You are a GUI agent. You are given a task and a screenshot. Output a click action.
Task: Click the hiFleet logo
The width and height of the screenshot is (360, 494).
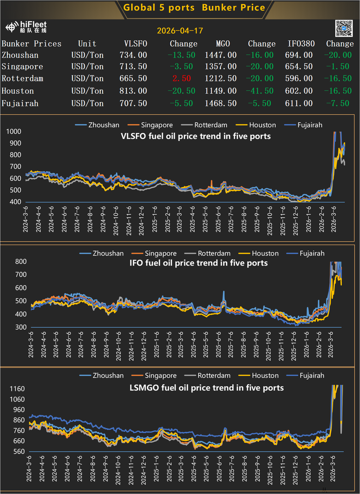(26, 27)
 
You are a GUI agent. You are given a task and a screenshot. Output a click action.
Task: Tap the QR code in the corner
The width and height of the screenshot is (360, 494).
(344, 28)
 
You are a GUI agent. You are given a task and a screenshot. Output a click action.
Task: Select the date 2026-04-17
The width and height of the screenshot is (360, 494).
(180, 31)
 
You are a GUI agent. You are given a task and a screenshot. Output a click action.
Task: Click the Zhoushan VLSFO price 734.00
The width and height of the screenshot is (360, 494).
(133, 55)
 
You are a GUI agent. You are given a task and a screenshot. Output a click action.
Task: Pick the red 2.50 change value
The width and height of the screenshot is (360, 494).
(182, 78)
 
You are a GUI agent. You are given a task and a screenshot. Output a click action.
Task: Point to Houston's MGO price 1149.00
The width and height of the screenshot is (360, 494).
(221, 91)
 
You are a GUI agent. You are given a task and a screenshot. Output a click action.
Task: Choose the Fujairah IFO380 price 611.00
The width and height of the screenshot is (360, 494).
(299, 103)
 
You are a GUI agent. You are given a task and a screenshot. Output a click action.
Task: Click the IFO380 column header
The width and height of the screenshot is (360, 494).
(301, 43)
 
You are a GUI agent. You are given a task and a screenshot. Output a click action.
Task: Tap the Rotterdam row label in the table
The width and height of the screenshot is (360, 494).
(22, 78)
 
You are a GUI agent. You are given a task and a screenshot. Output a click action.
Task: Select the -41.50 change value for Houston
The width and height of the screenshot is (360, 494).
(260, 91)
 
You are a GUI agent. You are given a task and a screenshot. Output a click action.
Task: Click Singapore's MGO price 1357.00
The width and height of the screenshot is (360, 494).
(221, 66)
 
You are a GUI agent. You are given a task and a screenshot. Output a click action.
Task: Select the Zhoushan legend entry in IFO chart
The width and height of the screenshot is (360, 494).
(102, 253)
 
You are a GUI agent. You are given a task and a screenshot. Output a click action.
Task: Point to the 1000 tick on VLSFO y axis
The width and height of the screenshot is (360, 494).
(14, 132)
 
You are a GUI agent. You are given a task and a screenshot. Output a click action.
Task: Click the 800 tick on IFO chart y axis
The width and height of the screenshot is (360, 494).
(21, 261)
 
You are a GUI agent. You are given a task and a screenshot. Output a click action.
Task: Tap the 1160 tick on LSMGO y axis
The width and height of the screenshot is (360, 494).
(17, 389)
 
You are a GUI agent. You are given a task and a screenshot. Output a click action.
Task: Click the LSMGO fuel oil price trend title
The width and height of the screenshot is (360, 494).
(207, 387)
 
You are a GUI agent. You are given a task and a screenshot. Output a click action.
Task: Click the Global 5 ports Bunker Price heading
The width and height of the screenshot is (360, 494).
(194, 8)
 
